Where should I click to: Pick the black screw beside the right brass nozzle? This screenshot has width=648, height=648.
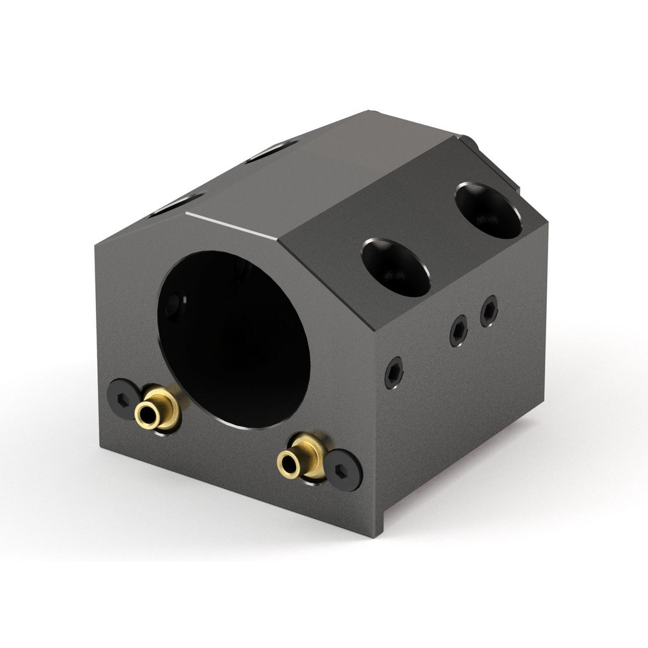point(343,469)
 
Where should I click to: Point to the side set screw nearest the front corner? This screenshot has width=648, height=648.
point(393,373)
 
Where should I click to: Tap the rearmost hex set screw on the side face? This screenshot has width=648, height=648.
point(489,311)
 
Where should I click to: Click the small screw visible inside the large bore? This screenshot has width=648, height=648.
point(174,305)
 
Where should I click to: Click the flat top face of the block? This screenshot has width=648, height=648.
point(324,162)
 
